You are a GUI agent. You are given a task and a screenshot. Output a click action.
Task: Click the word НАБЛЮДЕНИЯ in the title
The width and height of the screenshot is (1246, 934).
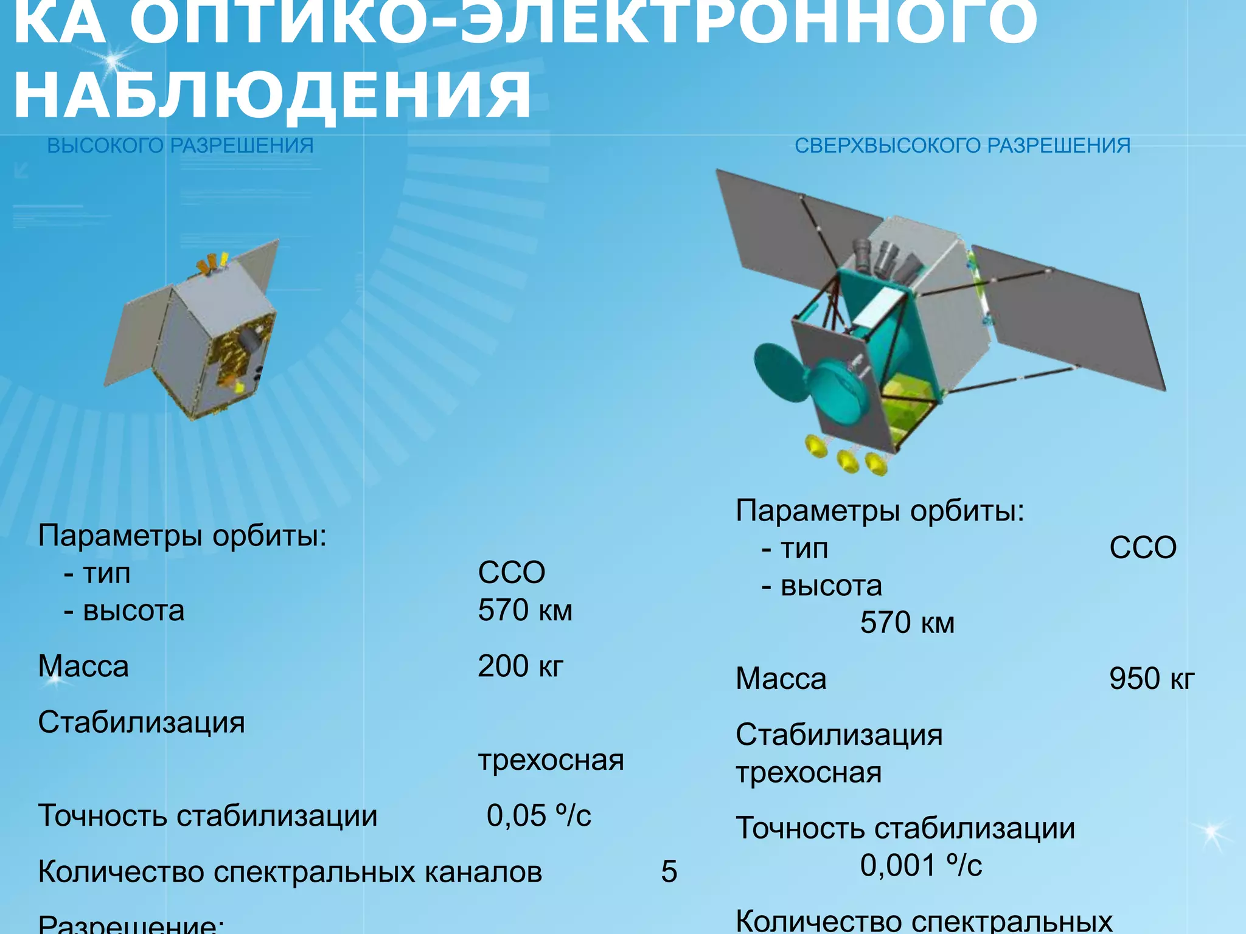[273, 94]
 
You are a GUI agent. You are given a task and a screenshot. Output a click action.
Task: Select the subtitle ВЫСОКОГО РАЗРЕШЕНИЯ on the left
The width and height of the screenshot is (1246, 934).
[180, 146]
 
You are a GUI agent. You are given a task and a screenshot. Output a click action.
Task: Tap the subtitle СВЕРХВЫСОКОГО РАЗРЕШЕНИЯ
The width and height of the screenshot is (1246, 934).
[962, 146]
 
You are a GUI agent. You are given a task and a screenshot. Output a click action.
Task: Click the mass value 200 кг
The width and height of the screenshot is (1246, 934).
[520, 666]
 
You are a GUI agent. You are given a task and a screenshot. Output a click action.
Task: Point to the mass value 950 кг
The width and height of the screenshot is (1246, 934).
[1151, 679]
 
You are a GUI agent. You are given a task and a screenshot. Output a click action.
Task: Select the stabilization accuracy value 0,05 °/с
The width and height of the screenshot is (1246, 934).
[538, 815]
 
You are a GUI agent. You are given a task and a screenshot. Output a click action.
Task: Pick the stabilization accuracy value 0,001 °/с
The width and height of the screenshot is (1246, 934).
[921, 865]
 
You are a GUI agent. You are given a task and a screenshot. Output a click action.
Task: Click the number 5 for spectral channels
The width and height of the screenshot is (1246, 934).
[669, 872]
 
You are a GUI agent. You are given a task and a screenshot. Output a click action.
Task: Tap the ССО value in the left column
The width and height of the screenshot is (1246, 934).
[511, 573]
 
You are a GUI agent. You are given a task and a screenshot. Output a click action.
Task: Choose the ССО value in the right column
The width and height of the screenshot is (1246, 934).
[1143, 548]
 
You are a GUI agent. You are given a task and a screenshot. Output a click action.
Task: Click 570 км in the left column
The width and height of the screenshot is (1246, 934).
[525, 610]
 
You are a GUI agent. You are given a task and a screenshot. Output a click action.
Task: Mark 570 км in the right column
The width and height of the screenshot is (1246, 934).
[907, 623]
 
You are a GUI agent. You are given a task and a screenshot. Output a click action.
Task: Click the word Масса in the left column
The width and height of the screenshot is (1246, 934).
[83, 666]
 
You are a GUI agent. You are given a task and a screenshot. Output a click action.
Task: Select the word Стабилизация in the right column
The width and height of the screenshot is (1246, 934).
[839, 735]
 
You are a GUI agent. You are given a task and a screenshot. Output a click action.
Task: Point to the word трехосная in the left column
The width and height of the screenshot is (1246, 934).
[551, 760]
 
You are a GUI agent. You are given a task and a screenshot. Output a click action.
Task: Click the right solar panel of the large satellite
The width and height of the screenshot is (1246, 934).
[1071, 316]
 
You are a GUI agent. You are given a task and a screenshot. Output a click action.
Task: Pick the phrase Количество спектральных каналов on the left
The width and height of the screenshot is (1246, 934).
[290, 872]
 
